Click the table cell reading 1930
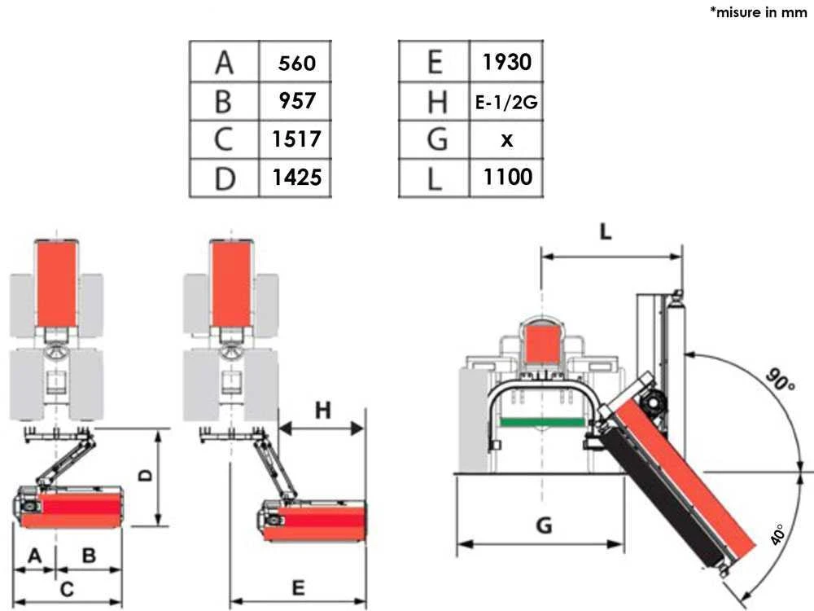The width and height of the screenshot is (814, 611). click(x=506, y=61)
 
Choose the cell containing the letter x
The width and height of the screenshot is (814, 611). click(x=507, y=140)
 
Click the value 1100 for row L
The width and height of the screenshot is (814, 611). click(x=507, y=177)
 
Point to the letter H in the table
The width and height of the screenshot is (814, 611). click(x=436, y=102)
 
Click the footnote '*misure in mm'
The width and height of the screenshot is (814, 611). click(x=759, y=14)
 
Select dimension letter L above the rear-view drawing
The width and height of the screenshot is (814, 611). click(x=606, y=232)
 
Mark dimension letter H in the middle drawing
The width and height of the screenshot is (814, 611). click(x=323, y=410)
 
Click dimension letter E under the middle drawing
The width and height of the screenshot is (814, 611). click(x=298, y=587)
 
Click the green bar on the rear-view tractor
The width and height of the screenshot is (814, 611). click(x=543, y=421)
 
